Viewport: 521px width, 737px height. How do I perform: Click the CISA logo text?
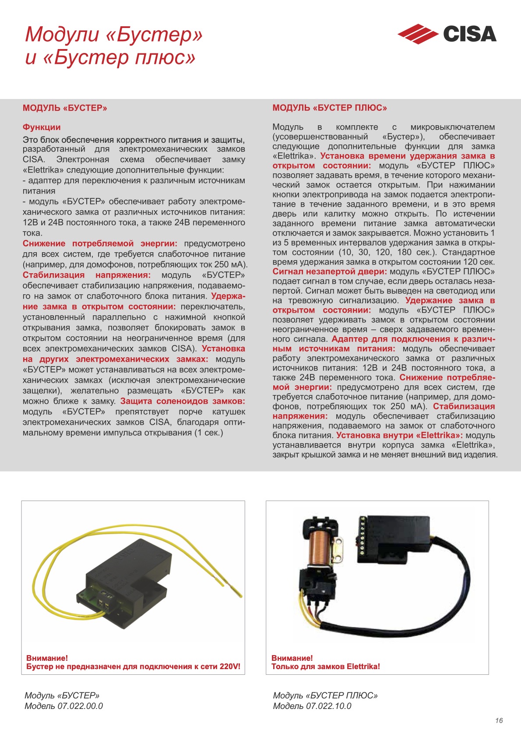tap(470, 34)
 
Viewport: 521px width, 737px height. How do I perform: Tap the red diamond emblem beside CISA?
tap(417, 34)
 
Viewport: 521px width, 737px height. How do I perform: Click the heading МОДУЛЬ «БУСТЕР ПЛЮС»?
tap(330, 108)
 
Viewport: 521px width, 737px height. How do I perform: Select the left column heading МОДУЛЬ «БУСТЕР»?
tap(65, 108)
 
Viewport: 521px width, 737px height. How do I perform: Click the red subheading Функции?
tap(42, 127)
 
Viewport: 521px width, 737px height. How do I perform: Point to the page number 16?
tap(499, 720)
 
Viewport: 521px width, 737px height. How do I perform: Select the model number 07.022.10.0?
tap(329, 706)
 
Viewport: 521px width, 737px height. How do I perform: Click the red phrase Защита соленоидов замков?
tap(183, 401)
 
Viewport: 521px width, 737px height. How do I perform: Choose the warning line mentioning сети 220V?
tap(134, 666)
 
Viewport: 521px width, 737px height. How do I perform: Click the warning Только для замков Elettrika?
tap(326, 666)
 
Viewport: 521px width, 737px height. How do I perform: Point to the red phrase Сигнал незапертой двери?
tap(330, 272)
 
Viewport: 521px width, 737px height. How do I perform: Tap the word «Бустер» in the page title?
tap(154, 34)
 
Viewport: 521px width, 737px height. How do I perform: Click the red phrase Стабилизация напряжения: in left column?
tap(86, 275)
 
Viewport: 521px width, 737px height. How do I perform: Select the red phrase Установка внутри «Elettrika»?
tap(400, 435)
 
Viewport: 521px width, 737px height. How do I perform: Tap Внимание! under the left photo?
tap(47, 658)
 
